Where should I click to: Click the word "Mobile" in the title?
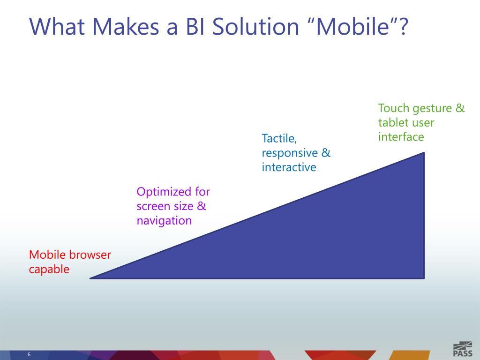[x=352, y=26]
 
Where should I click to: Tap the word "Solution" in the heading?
[x=255, y=26]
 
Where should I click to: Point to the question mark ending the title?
[x=403, y=26]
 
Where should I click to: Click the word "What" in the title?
[x=57, y=26]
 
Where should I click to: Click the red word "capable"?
[x=49, y=270]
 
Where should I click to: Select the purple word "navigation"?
[x=164, y=221]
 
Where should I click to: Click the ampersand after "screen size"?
[x=202, y=206]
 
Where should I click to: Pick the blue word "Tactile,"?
[x=279, y=139]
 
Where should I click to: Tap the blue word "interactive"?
[x=289, y=167]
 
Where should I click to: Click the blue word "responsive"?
[x=290, y=153]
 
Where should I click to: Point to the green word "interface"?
[x=401, y=137]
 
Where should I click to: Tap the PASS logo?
[x=463, y=349]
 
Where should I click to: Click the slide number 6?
[x=29, y=354]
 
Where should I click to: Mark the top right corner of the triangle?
[x=424, y=152]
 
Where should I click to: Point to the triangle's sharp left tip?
[x=90, y=278]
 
